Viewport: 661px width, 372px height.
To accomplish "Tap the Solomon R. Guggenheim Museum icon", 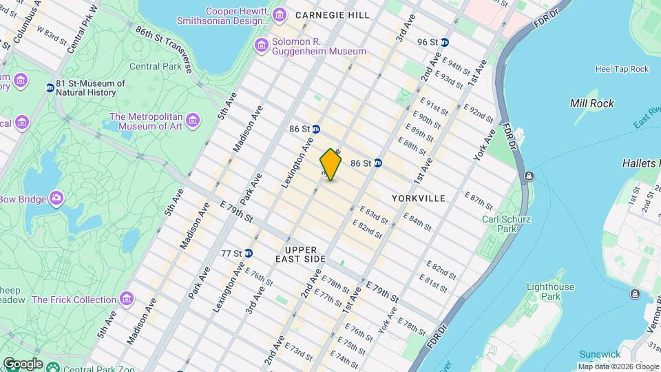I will point(262,45).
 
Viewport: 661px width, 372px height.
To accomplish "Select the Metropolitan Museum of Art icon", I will point(193,121).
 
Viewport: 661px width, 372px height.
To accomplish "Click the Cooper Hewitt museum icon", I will point(279,15).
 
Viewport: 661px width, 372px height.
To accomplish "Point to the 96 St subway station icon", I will point(445,42).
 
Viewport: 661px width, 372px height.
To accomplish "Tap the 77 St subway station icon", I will point(248,254).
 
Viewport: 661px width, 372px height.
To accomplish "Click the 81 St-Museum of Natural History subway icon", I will point(50,87).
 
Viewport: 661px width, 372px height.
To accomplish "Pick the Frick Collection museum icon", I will point(126,300).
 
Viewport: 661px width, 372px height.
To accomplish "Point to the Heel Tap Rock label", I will point(622,69).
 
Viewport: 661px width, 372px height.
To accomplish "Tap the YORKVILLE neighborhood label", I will point(419,198).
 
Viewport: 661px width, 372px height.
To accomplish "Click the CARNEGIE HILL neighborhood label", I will point(332,15).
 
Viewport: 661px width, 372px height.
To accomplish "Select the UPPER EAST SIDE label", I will point(300,254).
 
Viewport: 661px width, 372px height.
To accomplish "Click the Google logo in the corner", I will point(23,364).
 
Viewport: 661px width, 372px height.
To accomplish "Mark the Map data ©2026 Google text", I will point(618,366).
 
